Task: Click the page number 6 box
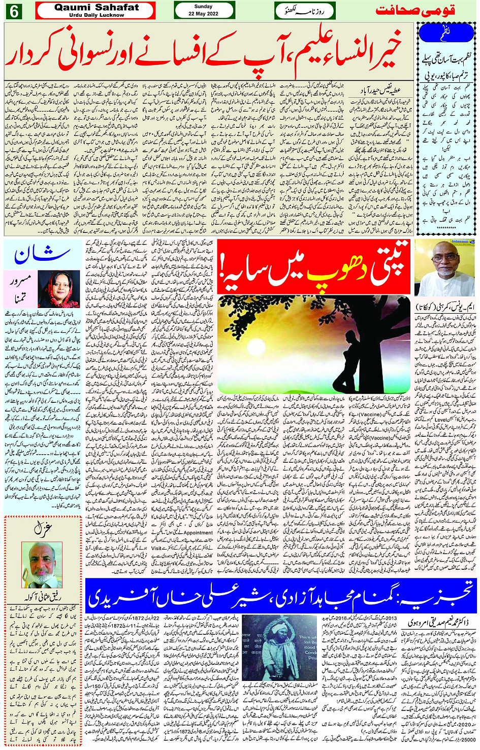pos(13,11)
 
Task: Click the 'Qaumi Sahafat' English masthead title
pos(97,8)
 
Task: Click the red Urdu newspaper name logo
pos(423,11)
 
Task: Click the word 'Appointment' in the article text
pos(198,533)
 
